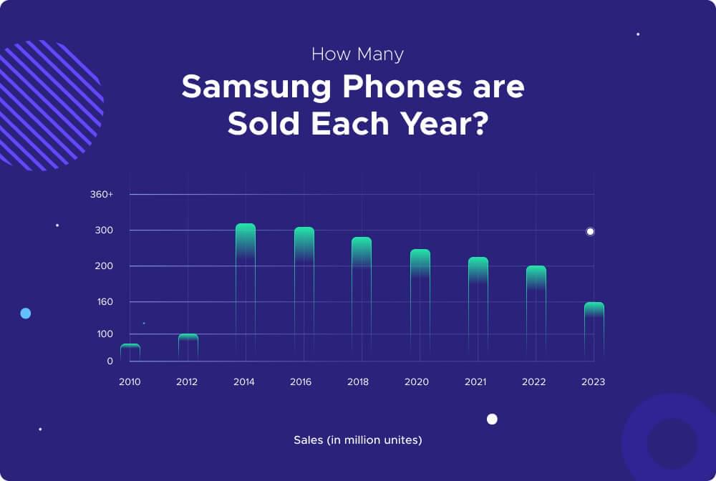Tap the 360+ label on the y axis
tap(101, 195)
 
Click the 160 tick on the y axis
tap(105, 302)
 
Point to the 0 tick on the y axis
tap(110, 361)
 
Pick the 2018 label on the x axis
tap(358, 382)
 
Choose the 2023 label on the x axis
tap(594, 382)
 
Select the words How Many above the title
tap(358, 54)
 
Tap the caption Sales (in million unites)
tap(358, 440)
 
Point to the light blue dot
tap(26, 314)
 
